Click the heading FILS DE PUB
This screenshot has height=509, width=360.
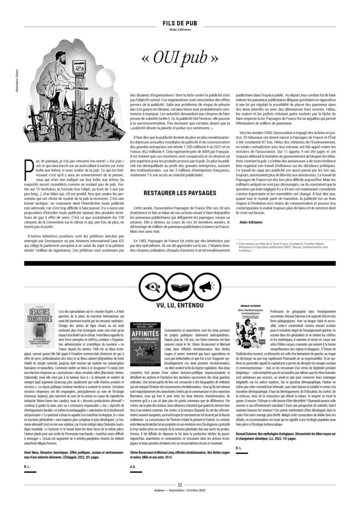click(180, 23)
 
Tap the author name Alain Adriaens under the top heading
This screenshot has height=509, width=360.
click(180, 29)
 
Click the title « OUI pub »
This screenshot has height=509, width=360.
click(180, 58)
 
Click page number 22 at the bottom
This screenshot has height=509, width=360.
click(180, 485)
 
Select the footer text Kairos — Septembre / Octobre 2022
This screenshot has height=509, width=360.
click(180, 491)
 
